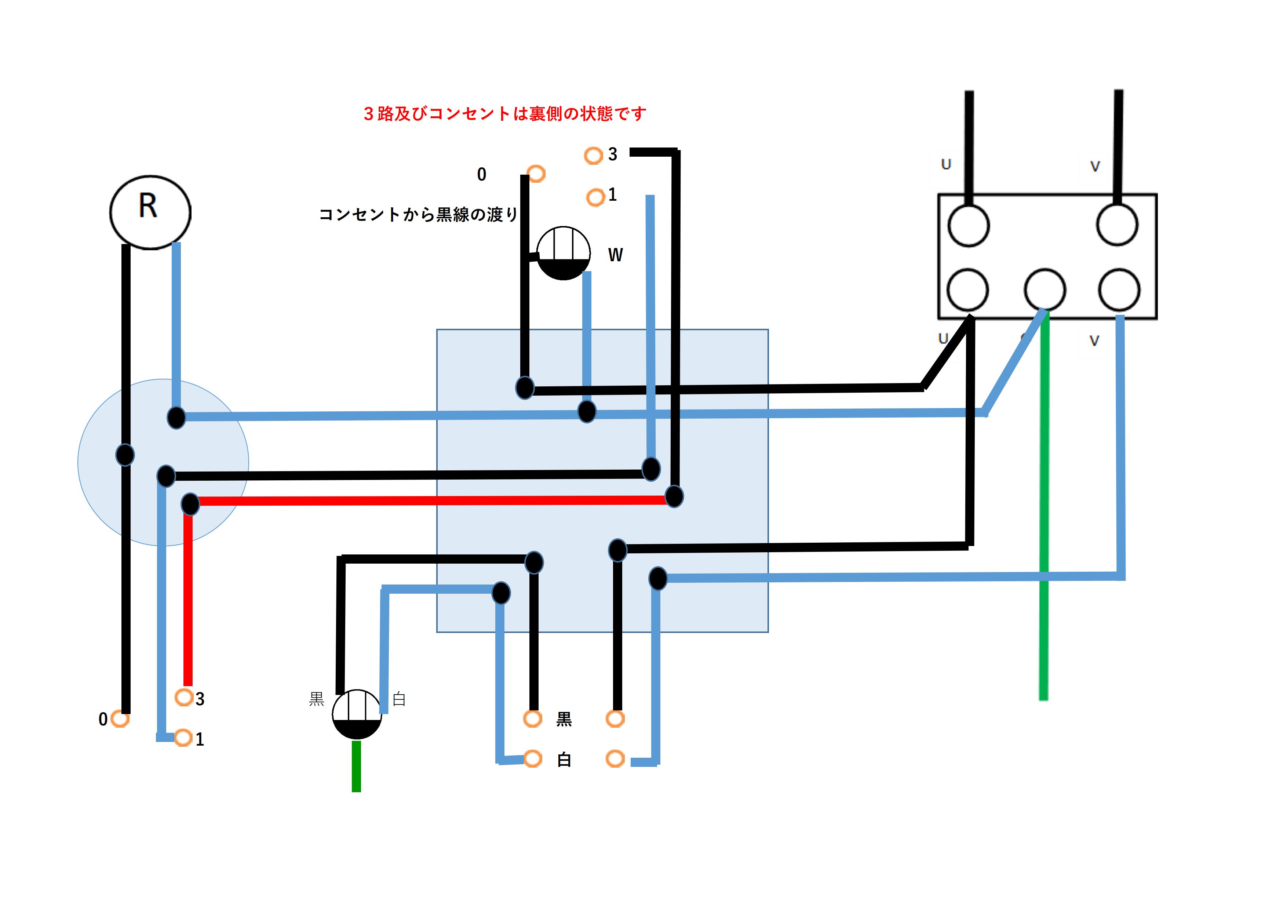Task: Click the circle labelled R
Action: coord(150,212)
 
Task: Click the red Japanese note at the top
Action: coord(504,114)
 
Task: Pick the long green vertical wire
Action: coord(1043,505)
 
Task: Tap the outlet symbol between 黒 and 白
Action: coord(357,714)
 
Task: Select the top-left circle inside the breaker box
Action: coord(968,225)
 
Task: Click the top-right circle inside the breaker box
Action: coord(1117,225)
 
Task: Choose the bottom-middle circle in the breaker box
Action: coord(1044,289)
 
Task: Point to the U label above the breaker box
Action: coord(946,164)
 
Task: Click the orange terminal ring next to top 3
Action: coord(593,155)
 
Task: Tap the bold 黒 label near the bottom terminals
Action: coord(564,719)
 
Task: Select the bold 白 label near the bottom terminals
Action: coord(564,760)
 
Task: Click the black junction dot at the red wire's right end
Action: coord(674,496)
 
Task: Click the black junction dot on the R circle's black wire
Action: coord(125,454)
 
